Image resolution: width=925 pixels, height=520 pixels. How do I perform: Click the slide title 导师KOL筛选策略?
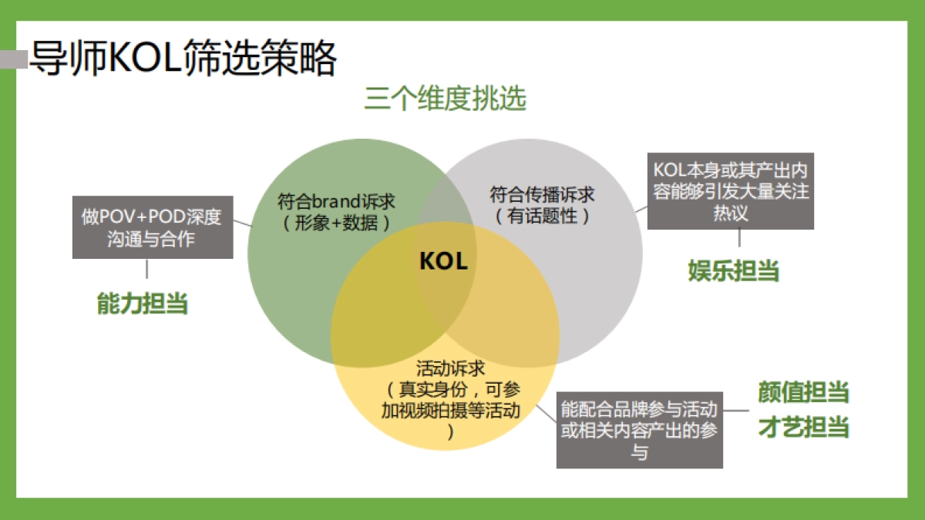click(183, 58)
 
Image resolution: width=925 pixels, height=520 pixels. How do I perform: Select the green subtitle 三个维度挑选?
click(446, 100)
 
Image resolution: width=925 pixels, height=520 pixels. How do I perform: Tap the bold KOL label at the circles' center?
click(443, 261)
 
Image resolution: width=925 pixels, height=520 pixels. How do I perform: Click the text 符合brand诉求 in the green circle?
click(336, 202)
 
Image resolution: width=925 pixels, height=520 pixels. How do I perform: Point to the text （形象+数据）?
click(336, 223)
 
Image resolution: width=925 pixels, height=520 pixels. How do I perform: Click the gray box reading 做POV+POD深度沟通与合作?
click(152, 227)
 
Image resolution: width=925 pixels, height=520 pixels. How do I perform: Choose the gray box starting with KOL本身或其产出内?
click(730, 190)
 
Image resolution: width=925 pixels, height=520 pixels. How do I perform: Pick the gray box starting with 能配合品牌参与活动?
click(640, 430)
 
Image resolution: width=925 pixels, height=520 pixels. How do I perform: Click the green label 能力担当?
click(143, 304)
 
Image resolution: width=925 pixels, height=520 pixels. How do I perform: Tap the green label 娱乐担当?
click(733, 270)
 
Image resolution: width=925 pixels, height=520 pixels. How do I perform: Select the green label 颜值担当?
click(803, 392)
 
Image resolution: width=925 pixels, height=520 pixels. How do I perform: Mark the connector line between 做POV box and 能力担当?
click(146, 269)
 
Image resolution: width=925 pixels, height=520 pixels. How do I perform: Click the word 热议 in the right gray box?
click(730, 213)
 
